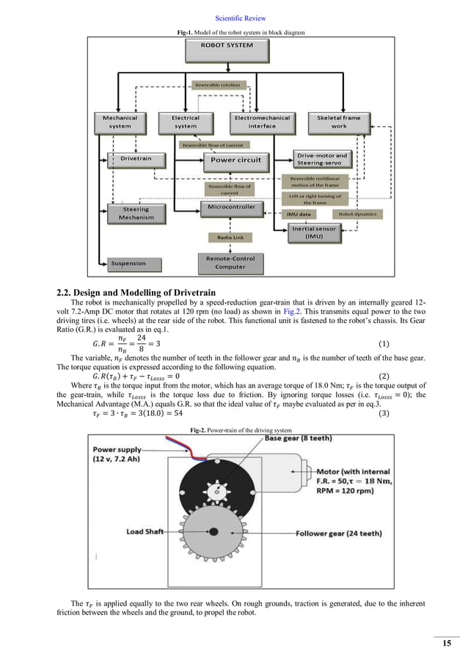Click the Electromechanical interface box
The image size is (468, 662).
262,122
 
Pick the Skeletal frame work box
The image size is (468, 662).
337,122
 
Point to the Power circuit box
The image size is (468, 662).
235,159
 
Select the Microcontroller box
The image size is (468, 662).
232,208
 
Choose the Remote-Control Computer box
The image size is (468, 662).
230,262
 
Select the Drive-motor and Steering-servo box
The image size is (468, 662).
322,159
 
